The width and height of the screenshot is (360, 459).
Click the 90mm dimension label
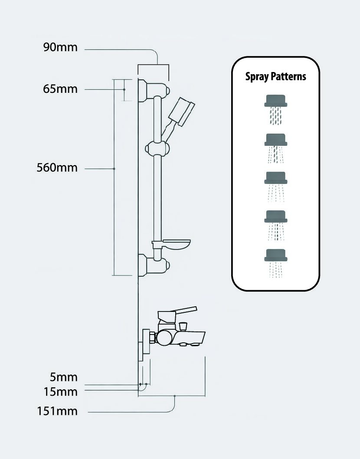click(x=61, y=47)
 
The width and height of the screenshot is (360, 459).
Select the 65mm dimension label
click(x=60, y=89)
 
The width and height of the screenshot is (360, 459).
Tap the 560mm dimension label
click(x=57, y=168)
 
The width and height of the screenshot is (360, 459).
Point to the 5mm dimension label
click(x=63, y=377)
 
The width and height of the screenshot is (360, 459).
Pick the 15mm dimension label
click(x=61, y=392)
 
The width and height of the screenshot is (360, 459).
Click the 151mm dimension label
click(x=57, y=411)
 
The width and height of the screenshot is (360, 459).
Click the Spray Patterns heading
click(x=276, y=76)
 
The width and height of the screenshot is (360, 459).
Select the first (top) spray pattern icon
click(x=276, y=110)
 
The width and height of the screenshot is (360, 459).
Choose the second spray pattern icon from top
click(x=276, y=148)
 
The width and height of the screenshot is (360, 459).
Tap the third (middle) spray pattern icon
click(x=276, y=187)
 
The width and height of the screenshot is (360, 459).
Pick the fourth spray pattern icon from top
click(x=276, y=226)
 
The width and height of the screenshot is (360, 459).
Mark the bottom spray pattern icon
click(x=276, y=263)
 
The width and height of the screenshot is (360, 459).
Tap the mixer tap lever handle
click(x=177, y=313)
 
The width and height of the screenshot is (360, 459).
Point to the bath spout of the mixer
click(x=190, y=338)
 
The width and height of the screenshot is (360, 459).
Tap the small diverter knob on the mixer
click(x=183, y=326)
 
